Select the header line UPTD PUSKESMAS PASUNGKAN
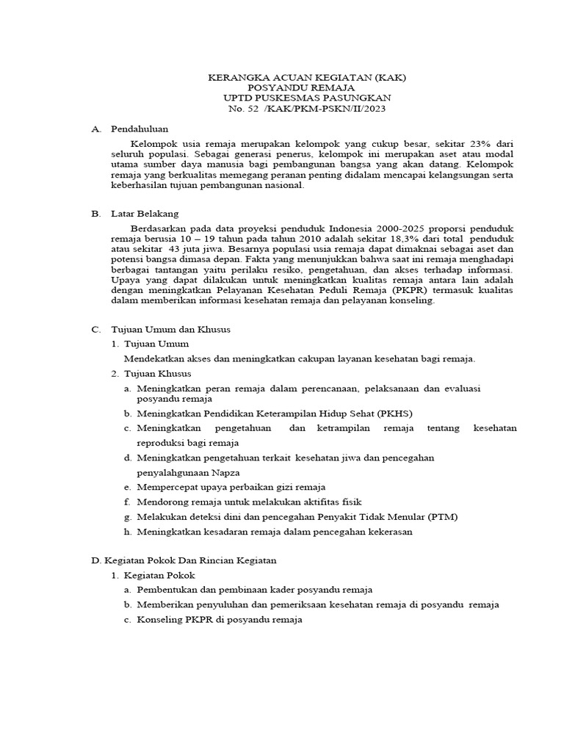tap(307, 98)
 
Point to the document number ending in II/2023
tap(307, 109)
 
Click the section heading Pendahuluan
tap(140, 129)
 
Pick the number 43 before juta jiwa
tap(180, 250)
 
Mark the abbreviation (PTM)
tap(442, 516)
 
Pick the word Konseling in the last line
tap(162, 619)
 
